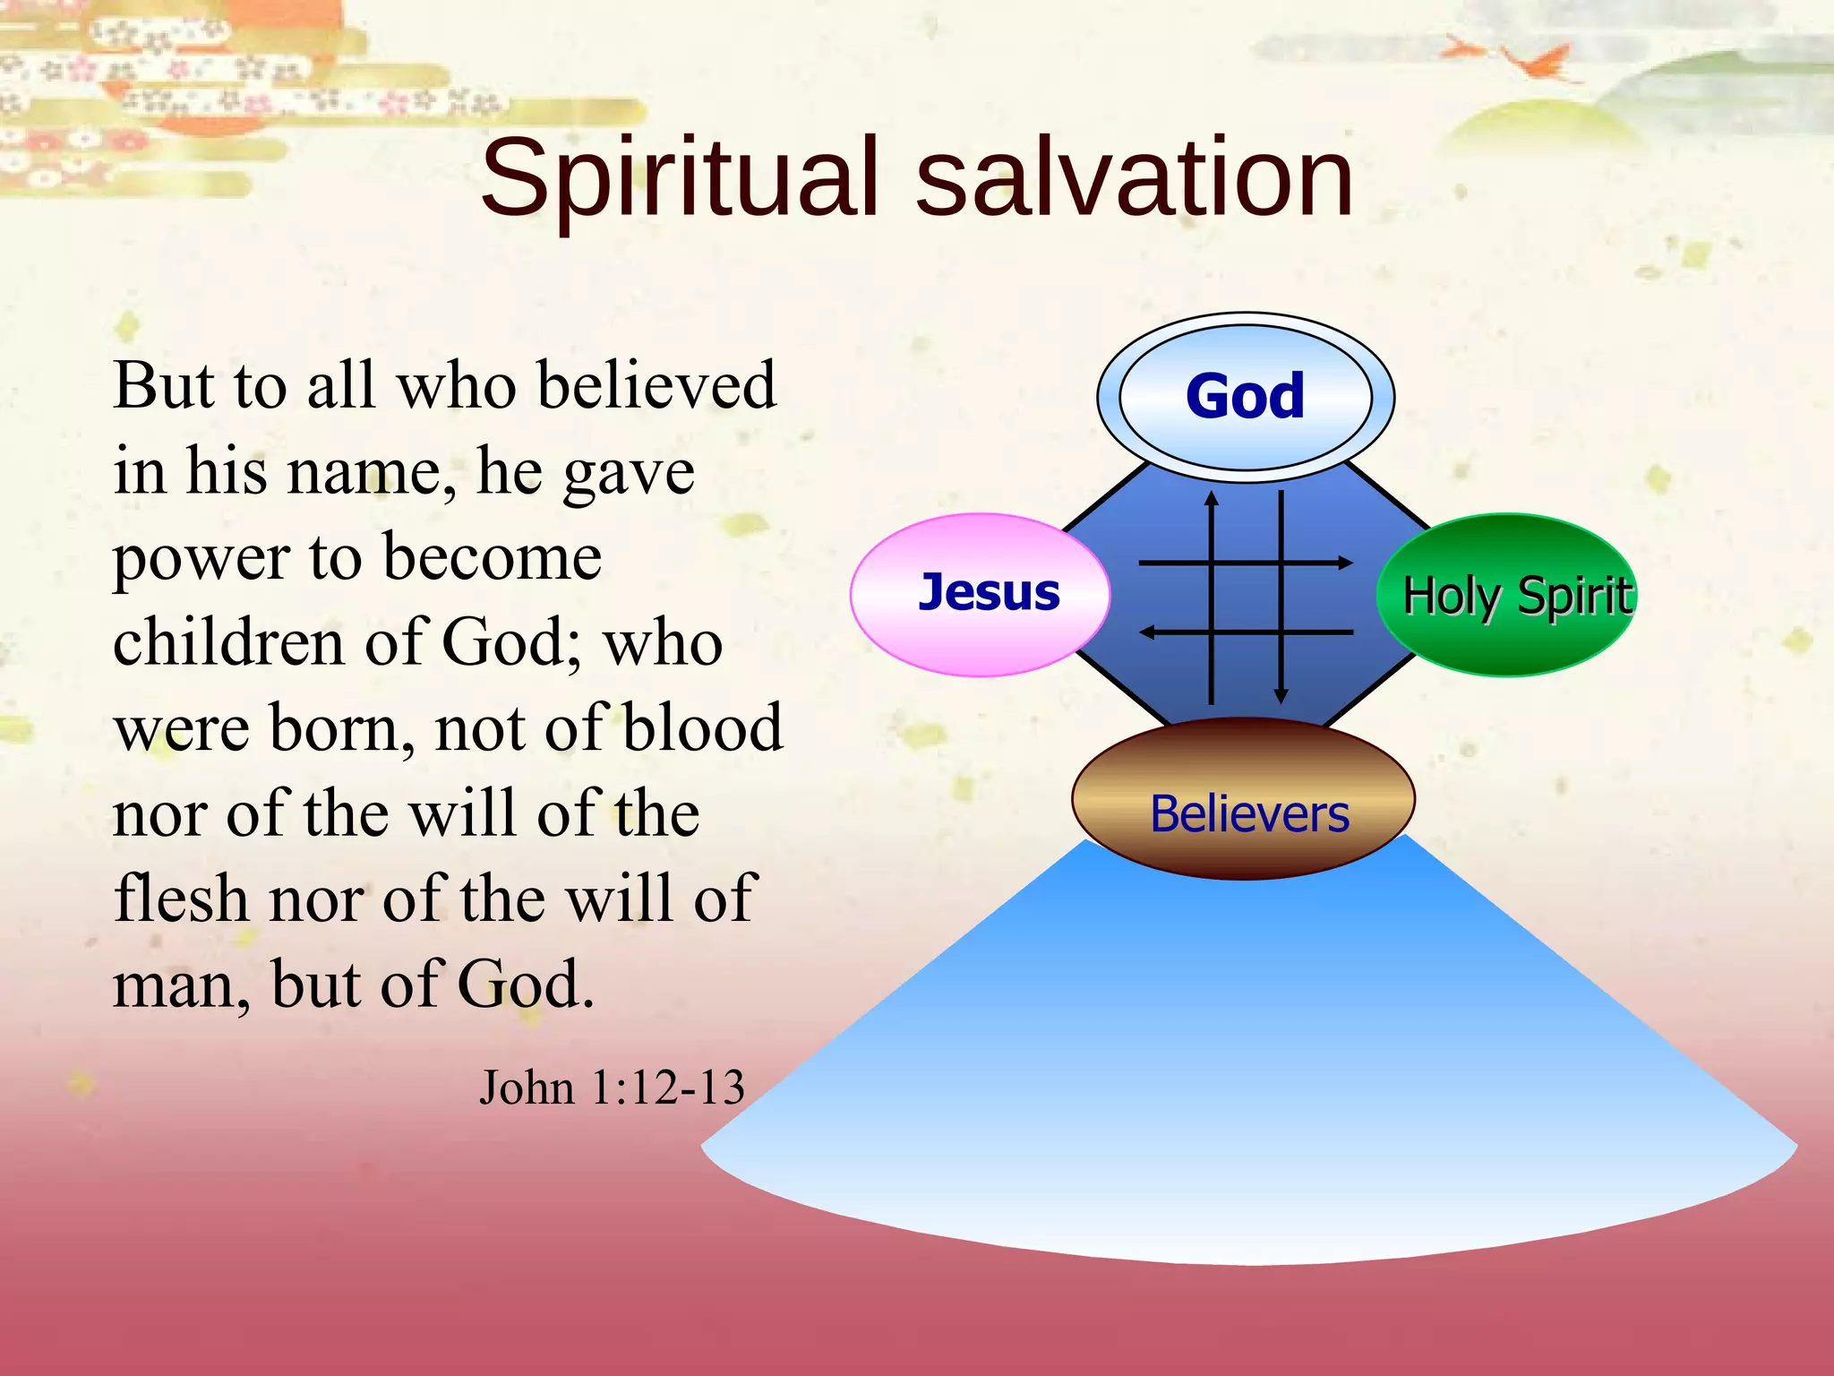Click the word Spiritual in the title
click(x=681, y=179)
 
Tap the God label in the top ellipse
click(x=1245, y=396)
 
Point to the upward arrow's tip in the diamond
click(x=1212, y=496)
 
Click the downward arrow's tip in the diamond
click(x=1281, y=699)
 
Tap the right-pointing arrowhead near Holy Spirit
click(x=1347, y=563)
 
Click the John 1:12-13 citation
click(x=612, y=1088)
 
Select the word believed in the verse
click(x=657, y=385)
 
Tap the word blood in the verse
click(x=703, y=727)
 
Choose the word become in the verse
click(x=493, y=557)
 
